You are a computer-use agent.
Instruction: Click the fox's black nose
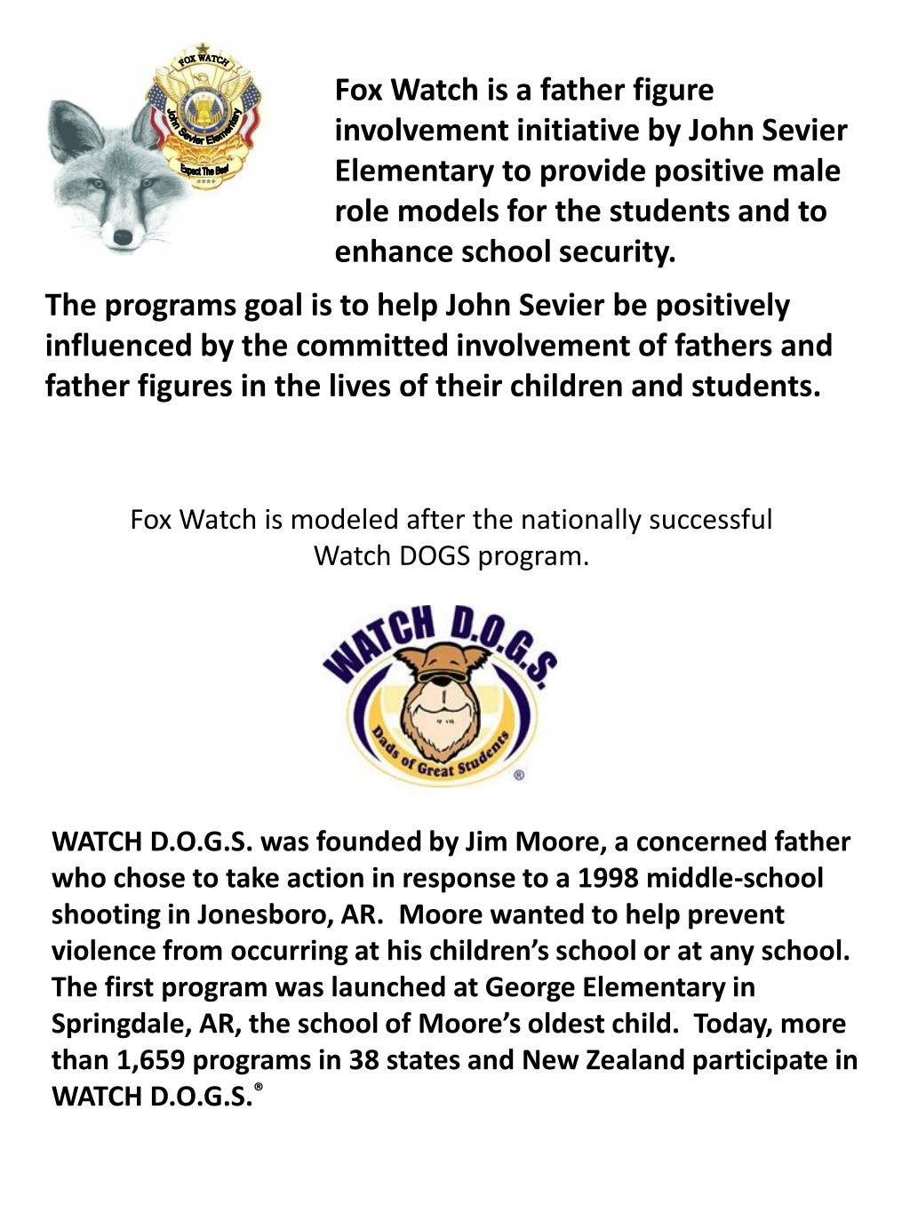pos(123,237)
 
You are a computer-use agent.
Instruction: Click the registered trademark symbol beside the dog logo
pos(519,775)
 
